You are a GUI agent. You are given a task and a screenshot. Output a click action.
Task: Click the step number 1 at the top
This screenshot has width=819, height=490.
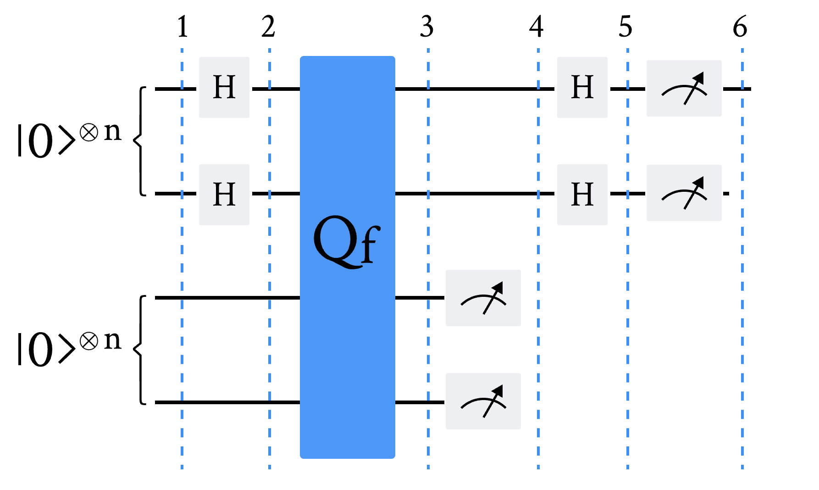(183, 27)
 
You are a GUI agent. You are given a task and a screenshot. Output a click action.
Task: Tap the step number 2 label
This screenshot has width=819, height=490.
(268, 27)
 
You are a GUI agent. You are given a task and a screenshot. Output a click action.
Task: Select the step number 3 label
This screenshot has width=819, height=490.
(426, 27)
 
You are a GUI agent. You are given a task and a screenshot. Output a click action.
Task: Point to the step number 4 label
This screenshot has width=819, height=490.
(536, 27)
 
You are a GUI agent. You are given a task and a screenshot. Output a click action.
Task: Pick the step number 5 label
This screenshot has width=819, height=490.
(625, 27)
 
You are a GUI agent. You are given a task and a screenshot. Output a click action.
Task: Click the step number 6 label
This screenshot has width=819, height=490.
(740, 27)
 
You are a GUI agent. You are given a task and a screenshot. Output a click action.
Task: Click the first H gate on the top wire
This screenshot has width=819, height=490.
(224, 87)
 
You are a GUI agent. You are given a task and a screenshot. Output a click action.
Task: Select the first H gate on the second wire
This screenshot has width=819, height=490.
(224, 195)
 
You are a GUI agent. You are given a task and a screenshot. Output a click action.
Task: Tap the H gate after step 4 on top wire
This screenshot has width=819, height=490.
(582, 87)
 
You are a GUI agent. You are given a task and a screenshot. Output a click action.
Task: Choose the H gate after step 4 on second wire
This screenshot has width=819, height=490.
(582, 195)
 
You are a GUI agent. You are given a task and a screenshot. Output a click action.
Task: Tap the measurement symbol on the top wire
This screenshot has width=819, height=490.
(684, 88)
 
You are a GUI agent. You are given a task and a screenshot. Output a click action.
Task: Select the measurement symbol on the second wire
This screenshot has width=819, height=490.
(684, 193)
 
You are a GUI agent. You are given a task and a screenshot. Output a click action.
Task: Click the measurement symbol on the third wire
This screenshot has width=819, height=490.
(483, 298)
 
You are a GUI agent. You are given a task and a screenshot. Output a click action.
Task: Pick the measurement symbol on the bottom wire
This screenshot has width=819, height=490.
(483, 401)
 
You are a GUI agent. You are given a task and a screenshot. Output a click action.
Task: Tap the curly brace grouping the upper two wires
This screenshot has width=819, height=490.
(139, 140)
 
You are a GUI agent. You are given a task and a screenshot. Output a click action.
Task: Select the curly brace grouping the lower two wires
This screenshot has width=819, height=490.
(139, 350)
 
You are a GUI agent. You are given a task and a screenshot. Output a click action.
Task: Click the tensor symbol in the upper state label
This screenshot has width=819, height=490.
(89, 133)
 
